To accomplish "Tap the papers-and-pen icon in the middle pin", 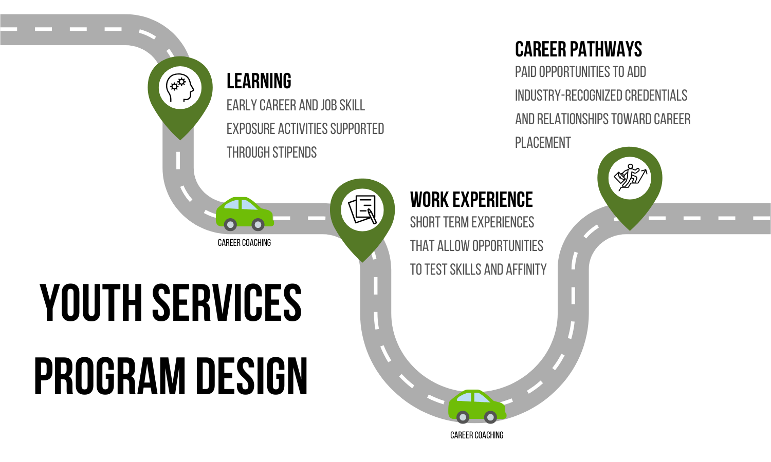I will (x=362, y=209).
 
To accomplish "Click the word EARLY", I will (x=242, y=105).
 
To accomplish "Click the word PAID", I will (x=525, y=72).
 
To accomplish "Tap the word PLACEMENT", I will (x=543, y=143).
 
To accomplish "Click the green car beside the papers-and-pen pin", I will (x=244, y=213).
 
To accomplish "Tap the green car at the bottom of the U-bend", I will (x=476, y=406).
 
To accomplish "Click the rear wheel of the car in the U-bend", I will (x=463, y=417).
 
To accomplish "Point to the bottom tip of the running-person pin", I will (x=630, y=229).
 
